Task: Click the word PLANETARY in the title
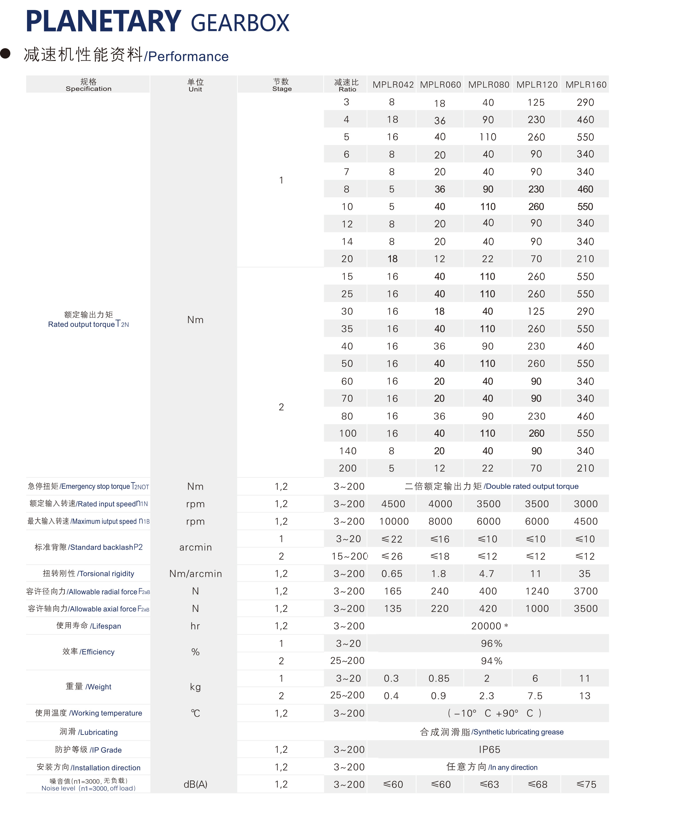click(103, 21)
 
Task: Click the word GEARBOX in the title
click(240, 23)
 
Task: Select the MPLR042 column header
click(393, 85)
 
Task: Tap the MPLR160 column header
click(586, 85)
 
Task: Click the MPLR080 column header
click(488, 85)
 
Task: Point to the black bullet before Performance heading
click(6, 54)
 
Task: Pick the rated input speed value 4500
click(393, 504)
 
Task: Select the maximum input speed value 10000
click(394, 521)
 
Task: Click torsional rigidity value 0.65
click(391, 573)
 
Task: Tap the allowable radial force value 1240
click(536, 591)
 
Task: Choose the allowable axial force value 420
click(488, 608)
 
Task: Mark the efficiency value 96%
click(491, 643)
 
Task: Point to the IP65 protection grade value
click(489, 750)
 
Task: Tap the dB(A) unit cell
click(195, 785)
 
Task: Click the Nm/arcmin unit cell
click(195, 573)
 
